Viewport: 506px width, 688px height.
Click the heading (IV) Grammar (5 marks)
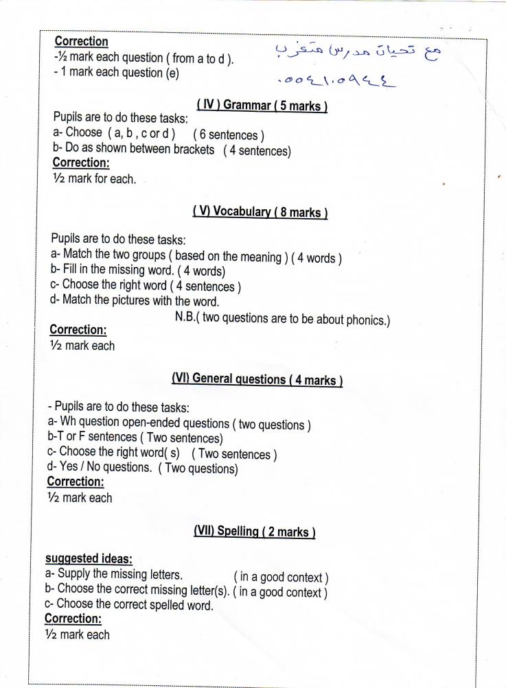[262, 106]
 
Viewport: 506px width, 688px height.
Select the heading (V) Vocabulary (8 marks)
[260, 212]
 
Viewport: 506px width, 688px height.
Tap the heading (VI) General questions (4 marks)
[257, 379]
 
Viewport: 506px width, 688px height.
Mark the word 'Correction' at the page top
[81, 42]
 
